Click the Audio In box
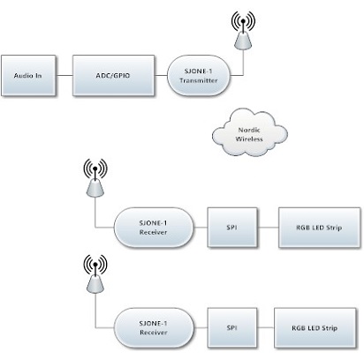(28, 76)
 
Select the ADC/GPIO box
(113, 76)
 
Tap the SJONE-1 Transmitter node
(199, 76)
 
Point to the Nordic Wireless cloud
(249, 133)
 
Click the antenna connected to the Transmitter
(243, 30)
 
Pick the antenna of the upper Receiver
(95, 177)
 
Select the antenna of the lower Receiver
(95, 274)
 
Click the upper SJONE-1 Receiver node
(154, 228)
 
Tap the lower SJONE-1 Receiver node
(154, 327)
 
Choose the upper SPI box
(232, 228)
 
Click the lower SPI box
(232, 327)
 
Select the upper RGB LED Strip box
(319, 228)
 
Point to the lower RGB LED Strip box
(315, 327)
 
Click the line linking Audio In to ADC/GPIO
(64, 76)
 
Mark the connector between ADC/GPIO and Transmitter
(161, 76)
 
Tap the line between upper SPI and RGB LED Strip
(268, 228)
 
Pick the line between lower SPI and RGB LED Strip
(266, 327)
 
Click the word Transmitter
(199, 80)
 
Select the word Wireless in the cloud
(249, 139)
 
